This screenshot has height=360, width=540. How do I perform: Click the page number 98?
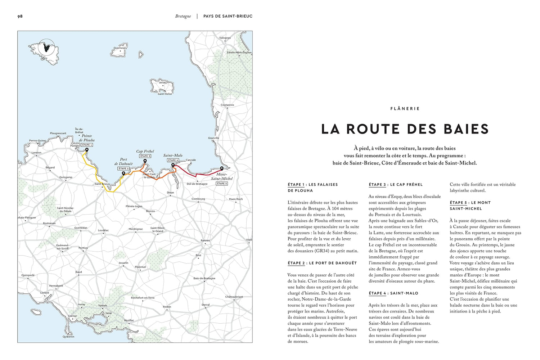tap(20, 16)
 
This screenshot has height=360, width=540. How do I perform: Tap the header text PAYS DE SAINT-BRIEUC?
tap(228, 16)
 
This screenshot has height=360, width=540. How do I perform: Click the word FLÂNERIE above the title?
tap(405, 108)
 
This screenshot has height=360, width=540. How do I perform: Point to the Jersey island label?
tap(163, 82)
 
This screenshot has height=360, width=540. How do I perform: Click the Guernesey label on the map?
tap(120, 48)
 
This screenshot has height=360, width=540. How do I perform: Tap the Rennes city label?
tap(205, 240)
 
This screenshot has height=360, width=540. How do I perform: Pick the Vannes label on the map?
tap(103, 305)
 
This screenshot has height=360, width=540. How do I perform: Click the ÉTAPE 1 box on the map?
tap(87, 145)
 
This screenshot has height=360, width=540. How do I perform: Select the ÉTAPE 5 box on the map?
tap(222, 184)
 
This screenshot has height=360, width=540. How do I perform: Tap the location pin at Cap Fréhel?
tap(145, 161)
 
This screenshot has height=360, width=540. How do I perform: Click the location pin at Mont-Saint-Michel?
tap(222, 168)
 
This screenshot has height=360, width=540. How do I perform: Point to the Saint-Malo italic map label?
tap(173, 156)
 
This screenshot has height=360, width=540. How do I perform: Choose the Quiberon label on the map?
tap(68, 337)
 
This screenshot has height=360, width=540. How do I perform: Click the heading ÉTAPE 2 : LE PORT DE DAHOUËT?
tap(322, 263)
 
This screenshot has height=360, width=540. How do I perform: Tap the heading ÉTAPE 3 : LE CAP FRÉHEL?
tap(396, 185)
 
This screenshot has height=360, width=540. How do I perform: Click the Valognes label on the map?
tap(225, 38)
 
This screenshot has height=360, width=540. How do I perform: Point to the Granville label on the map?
tap(213, 138)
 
